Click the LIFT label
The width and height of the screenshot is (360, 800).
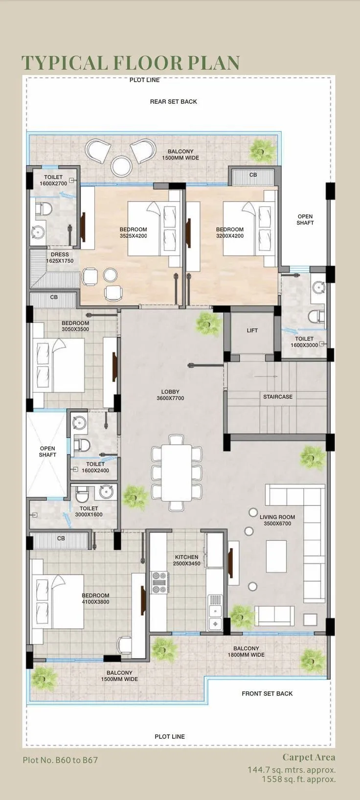click(252, 330)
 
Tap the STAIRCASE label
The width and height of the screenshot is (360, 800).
click(278, 397)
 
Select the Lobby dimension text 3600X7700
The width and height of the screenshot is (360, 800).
click(170, 398)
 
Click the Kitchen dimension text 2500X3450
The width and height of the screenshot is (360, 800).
click(187, 564)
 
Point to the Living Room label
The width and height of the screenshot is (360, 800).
click(277, 517)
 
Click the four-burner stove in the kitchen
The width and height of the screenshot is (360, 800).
click(160, 582)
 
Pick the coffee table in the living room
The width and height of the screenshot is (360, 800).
click(276, 556)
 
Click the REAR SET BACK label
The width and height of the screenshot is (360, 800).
click(174, 102)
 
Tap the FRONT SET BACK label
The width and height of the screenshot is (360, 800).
click(267, 693)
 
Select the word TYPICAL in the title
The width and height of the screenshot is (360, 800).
click(65, 63)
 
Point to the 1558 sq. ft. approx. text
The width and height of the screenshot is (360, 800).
click(298, 779)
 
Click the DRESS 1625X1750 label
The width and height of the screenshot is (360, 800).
click(60, 258)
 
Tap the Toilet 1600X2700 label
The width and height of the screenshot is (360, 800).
click(53, 181)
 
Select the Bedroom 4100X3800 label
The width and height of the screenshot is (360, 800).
click(95, 598)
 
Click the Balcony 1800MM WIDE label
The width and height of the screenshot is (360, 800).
click(246, 651)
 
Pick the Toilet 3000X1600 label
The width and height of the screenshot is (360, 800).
click(89, 511)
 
